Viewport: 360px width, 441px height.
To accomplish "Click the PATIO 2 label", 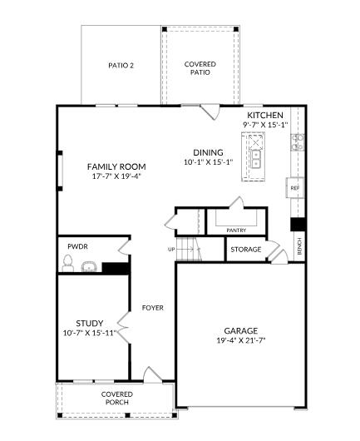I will tap(121, 65).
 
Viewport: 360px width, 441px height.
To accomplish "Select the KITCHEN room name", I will tap(265, 115).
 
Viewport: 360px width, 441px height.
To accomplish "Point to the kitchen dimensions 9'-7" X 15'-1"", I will tap(265, 125).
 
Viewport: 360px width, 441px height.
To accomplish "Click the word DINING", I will tap(208, 152).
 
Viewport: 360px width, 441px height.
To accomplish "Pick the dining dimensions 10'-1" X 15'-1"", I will tap(208, 163).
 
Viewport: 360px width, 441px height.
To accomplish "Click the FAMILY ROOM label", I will tap(116, 166).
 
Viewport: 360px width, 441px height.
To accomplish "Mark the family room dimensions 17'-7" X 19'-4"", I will tap(116, 176).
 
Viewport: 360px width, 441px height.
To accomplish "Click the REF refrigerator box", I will tap(294, 189).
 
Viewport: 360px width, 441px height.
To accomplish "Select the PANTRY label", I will tap(236, 230).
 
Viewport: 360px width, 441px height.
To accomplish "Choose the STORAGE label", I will tap(246, 250).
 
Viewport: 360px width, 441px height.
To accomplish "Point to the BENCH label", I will tap(299, 246).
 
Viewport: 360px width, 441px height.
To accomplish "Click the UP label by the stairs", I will tap(172, 249).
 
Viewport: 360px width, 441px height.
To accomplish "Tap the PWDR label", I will tap(78, 247).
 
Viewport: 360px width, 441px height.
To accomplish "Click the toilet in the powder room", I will tap(69, 265).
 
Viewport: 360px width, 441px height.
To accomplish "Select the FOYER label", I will tap(152, 308).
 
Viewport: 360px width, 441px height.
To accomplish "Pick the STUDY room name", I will tap(90, 323).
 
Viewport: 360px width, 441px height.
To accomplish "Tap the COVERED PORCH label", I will tap(117, 399).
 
